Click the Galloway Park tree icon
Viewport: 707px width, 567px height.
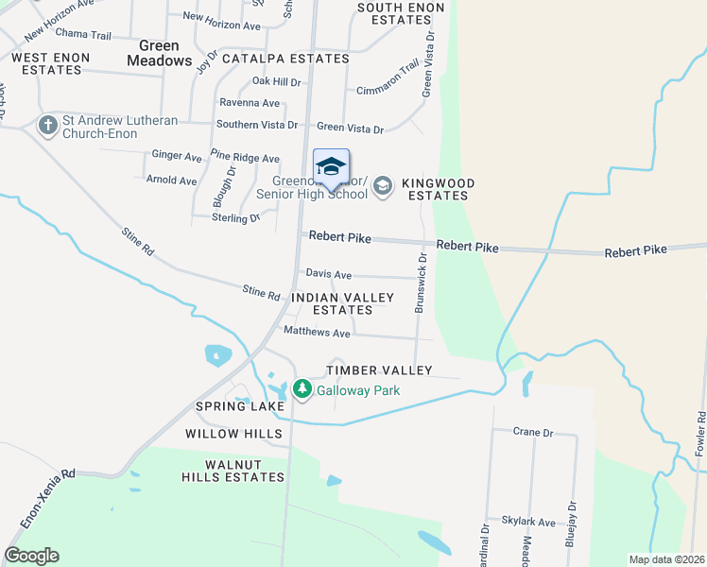(x=302, y=389)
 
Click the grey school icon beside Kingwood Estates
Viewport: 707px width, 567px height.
(x=383, y=185)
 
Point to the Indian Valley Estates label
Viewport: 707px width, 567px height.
(x=342, y=303)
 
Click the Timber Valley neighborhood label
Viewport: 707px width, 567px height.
(x=379, y=370)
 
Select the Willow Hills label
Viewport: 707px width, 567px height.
(x=233, y=434)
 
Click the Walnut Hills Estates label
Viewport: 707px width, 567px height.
(x=233, y=472)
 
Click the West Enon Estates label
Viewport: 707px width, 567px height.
(x=51, y=63)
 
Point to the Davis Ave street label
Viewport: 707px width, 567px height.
(x=328, y=274)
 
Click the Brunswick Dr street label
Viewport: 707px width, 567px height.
(x=422, y=283)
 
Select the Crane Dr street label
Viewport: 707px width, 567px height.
(x=532, y=432)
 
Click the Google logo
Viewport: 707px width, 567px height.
(x=31, y=556)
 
